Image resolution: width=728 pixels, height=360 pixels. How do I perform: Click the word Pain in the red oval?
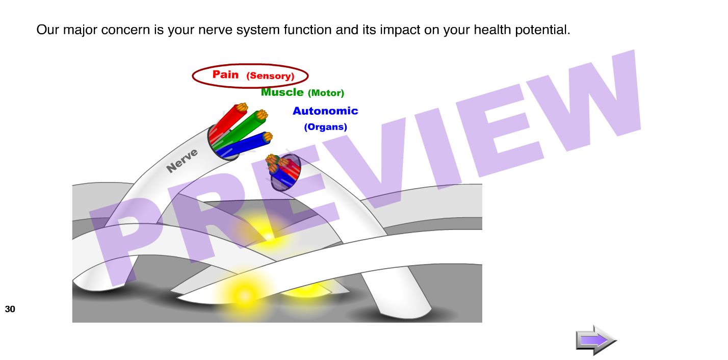pyautogui.click(x=225, y=74)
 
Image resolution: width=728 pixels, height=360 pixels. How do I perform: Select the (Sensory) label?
pyautogui.click(x=270, y=76)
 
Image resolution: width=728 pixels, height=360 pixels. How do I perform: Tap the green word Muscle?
pyautogui.click(x=282, y=92)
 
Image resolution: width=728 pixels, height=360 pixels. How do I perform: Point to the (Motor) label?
pyautogui.click(x=326, y=93)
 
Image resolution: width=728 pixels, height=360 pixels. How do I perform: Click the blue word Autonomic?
pyautogui.click(x=325, y=111)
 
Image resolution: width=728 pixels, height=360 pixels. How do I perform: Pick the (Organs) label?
pyautogui.click(x=326, y=127)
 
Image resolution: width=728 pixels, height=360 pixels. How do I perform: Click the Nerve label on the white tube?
pyautogui.click(x=181, y=160)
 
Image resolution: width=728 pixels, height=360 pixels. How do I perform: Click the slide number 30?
pyautogui.click(x=10, y=309)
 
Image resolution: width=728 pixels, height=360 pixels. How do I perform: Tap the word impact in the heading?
pyautogui.click(x=400, y=30)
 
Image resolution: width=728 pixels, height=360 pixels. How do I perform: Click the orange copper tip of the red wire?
pyautogui.click(x=242, y=107)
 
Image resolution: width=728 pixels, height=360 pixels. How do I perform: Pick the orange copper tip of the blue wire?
pyautogui.click(x=268, y=137)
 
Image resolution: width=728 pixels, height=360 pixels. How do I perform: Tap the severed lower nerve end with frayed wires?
pyautogui.click(x=283, y=172)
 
